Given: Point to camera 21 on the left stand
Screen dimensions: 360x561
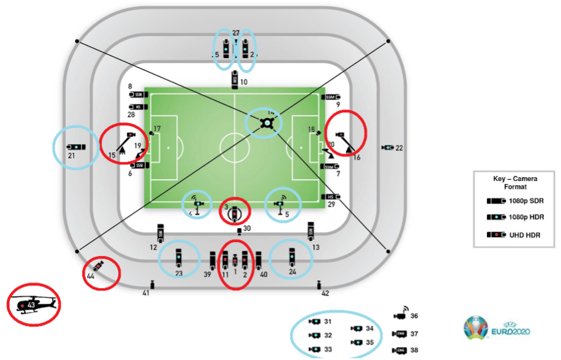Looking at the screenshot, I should pos(75,147).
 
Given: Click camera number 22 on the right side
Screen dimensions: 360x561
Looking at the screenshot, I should pos(388,148).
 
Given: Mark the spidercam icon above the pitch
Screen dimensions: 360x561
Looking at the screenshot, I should pos(269,123).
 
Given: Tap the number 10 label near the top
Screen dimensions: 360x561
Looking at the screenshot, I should pos(243,82).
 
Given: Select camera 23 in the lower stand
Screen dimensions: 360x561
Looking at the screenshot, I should pos(179,257).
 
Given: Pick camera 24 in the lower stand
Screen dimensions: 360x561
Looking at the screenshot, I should pos(292,257).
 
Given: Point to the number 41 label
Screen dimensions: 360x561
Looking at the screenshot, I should pos(146,293).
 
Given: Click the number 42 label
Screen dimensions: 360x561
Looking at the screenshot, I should pos(325,293).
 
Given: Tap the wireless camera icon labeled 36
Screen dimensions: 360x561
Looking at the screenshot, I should pos(401,314).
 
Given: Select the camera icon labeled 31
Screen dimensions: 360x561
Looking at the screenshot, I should pos(314,322).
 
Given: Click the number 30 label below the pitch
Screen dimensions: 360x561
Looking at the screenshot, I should pos(247,228).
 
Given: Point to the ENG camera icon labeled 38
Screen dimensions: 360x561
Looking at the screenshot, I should pos(401,350).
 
